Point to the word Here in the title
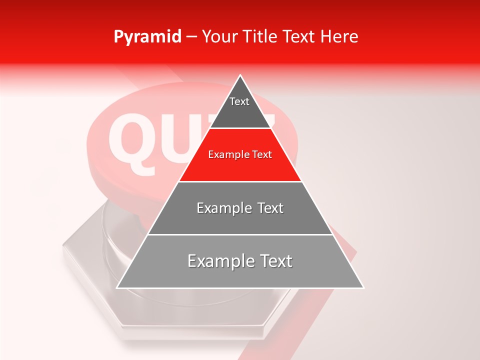coord(339,37)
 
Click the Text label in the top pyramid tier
coord(239,101)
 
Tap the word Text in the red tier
coord(261,155)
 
